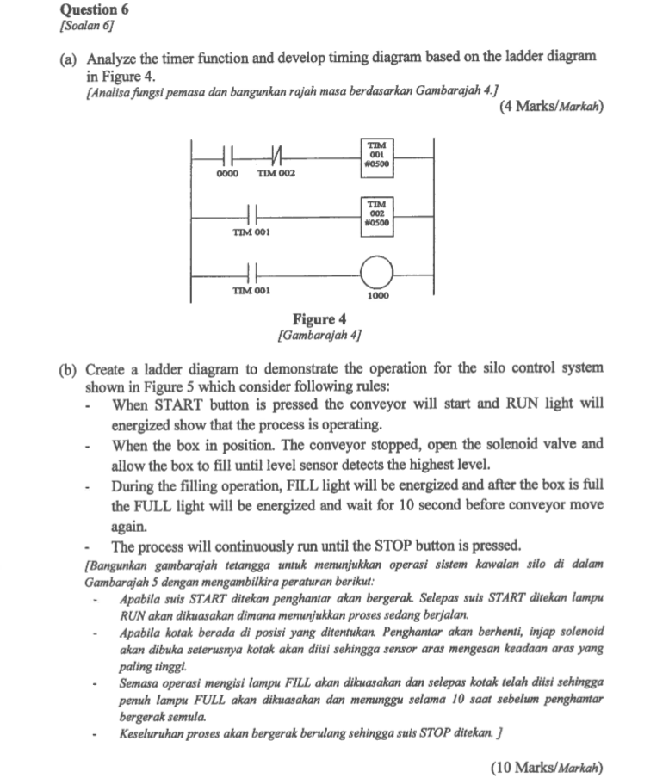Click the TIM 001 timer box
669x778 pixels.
(x=377, y=157)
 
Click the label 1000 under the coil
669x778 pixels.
(x=377, y=297)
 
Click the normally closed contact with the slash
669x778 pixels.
(x=276, y=158)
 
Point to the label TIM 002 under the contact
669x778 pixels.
(x=276, y=175)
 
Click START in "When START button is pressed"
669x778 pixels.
(x=177, y=404)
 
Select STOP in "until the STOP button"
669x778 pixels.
(x=400, y=546)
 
